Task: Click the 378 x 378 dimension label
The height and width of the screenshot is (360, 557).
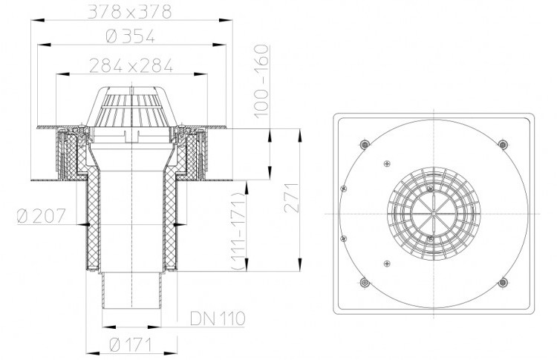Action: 130,12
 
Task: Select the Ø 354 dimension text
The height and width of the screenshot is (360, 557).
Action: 131,36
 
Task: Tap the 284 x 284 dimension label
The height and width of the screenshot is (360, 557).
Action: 131,65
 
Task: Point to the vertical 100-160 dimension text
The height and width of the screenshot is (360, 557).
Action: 262,80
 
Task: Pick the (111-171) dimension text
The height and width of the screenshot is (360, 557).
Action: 238,231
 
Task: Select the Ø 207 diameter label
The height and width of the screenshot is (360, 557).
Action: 42,216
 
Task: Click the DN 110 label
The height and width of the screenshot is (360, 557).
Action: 218,318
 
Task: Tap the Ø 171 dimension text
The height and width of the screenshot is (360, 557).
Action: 131,344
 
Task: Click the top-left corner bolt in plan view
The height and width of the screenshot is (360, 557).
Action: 365,144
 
